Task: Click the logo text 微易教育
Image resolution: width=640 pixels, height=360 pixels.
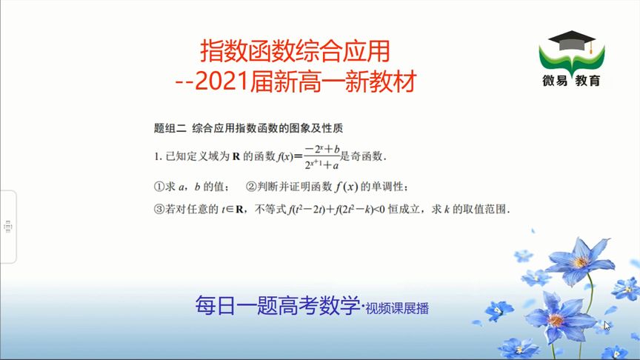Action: pos(571,81)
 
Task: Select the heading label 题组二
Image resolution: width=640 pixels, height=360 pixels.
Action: pos(170,128)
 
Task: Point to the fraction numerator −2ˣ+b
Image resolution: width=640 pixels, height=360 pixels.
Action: pos(322,150)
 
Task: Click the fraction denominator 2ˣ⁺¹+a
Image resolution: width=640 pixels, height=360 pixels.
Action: pos(322,164)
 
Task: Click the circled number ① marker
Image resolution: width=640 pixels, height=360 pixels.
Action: pos(159,187)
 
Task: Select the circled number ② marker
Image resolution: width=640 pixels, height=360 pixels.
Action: pos(251,187)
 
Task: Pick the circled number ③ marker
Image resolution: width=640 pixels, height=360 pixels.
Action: pos(159,210)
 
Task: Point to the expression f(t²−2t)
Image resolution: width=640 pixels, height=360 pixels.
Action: pos(306,210)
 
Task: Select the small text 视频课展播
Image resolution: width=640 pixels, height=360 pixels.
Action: pos(397,309)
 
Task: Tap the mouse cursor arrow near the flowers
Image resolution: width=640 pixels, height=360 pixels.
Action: pos(607,325)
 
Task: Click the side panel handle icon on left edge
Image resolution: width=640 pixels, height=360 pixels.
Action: pos(7,227)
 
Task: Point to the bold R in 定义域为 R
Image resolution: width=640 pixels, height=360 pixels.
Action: pos(236,156)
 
